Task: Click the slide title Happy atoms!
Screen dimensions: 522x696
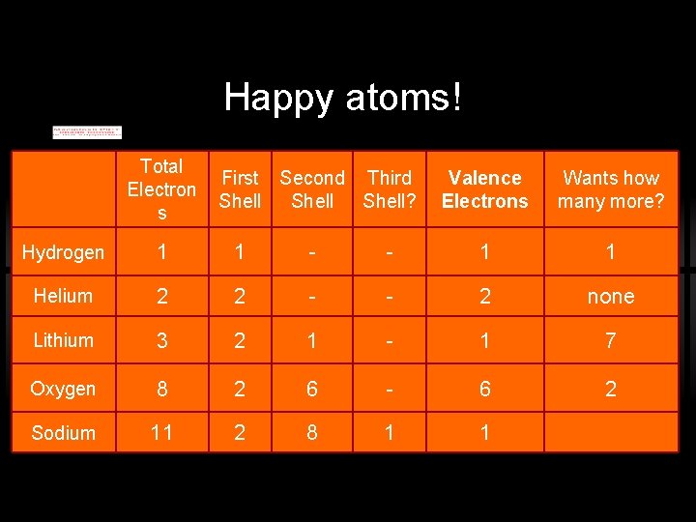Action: point(343,97)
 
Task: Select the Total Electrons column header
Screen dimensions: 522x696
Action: point(161,188)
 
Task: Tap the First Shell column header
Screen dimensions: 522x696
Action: point(240,189)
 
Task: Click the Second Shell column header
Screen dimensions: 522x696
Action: point(312,189)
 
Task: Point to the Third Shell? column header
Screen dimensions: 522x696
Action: point(389,189)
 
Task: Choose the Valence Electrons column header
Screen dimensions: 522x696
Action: point(485,189)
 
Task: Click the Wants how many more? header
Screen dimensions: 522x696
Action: point(611,189)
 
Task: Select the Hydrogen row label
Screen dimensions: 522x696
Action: point(63,252)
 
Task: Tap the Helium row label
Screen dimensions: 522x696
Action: point(63,296)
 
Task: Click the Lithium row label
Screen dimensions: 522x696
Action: point(63,340)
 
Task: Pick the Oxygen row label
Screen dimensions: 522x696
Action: point(63,389)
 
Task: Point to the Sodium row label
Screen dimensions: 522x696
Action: point(63,433)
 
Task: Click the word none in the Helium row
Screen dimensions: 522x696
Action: point(611,297)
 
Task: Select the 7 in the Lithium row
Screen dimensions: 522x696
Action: point(611,340)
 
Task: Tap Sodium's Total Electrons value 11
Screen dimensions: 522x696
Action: point(161,433)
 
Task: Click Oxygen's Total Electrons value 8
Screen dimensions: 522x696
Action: point(161,389)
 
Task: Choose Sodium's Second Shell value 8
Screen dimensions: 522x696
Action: point(312,433)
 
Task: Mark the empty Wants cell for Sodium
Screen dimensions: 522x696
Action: point(611,433)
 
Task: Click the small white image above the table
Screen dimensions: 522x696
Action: point(87,131)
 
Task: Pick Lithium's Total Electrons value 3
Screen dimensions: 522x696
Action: point(161,340)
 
